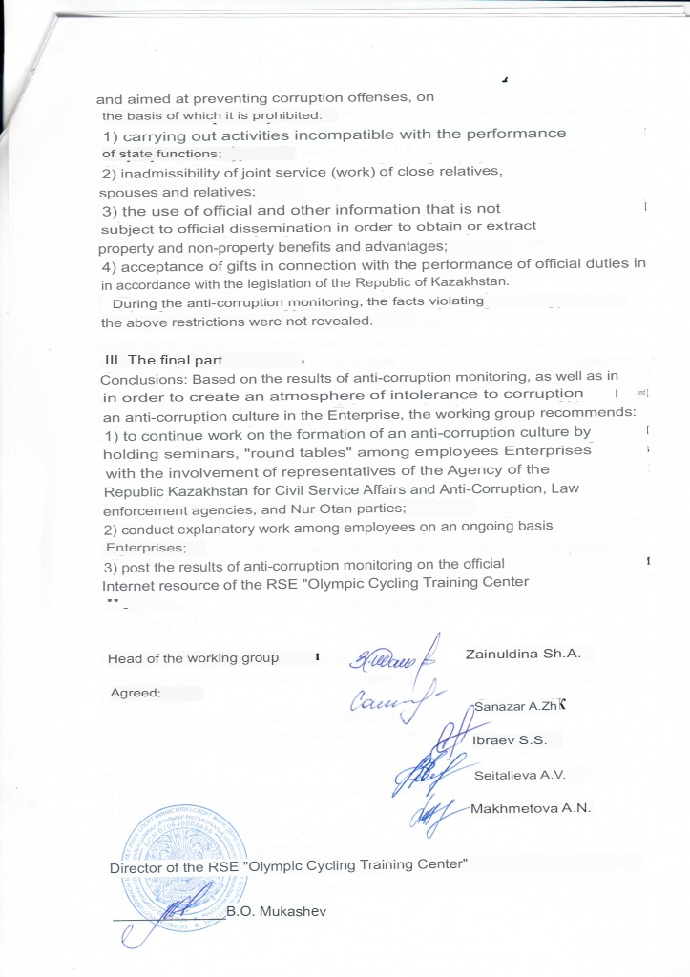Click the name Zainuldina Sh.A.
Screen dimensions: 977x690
523,655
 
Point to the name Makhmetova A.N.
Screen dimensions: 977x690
532,808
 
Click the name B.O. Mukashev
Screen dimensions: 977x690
277,911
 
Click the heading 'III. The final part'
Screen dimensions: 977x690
163,360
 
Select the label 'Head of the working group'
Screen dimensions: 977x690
193,658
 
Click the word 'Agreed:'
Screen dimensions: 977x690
136,693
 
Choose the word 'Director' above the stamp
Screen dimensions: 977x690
137,867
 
